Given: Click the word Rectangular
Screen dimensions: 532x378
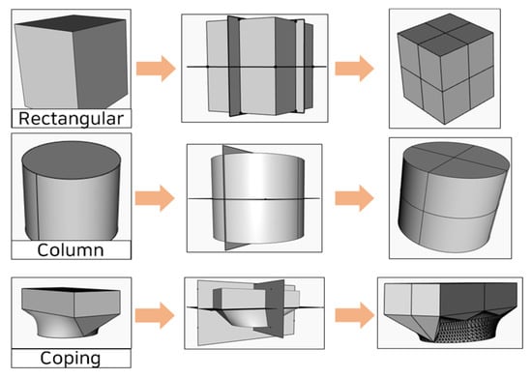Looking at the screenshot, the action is (x=71, y=119).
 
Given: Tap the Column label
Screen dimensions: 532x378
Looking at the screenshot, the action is (x=71, y=250).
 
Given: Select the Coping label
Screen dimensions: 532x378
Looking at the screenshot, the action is (x=71, y=359).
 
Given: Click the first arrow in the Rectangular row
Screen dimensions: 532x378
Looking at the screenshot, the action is (x=156, y=69).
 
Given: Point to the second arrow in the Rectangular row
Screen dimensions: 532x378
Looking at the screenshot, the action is (x=354, y=69).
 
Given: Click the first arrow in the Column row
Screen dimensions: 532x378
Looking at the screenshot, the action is (x=155, y=198).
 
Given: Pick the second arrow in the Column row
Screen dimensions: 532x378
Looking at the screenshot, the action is (x=354, y=198).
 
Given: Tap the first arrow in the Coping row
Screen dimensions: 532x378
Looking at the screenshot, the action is (x=155, y=315).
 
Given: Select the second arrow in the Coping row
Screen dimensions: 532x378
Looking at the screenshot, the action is (x=354, y=315).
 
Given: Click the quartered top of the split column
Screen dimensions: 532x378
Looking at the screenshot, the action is (x=457, y=159).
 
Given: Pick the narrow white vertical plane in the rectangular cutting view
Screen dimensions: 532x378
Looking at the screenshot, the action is (x=300, y=66).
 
